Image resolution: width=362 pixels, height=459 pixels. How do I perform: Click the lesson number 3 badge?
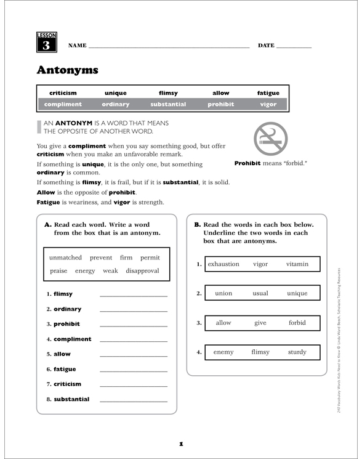pyautogui.click(x=46, y=43)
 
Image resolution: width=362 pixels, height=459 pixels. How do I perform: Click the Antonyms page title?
pyautogui.click(x=67, y=70)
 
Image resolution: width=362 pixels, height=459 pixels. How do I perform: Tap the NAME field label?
pyautogui.click(x=77, y=46)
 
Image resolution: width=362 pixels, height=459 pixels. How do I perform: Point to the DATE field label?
pyautogui.click(x=266, y=46)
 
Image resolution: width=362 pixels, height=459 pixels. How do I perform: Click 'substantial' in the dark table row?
pyautogui.click(x=168, y=104)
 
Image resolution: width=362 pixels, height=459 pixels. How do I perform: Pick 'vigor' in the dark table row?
pyautogui.click(x=268, y=104)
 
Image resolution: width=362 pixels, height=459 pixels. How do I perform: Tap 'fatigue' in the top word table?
pyautogui.click(x=268, y=93)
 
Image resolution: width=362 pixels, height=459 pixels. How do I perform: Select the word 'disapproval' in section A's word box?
pyautogui.click(x=142, y=270)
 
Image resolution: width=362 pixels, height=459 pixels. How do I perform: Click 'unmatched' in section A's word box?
pyautogui.click(x=65, y=258)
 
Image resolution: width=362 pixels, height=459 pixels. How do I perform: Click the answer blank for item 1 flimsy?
pyautogui.click(x=133, y=294)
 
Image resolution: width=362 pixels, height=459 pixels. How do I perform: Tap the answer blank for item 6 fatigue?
pyautogui.click(x=133, y=369)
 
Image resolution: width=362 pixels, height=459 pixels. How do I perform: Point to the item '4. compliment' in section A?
pyautogui.click(x=69, y=339)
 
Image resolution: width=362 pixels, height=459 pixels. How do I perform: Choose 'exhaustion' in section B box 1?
pyautogui.click(x=223, y=264)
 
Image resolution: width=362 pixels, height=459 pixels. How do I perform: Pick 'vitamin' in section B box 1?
pyautogui.click(x=297, y=264)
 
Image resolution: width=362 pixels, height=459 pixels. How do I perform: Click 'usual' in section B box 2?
pyautogui.click(x=260, y=293)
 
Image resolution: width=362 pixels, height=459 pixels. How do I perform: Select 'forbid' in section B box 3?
pyautogui.click(x=297, y=323)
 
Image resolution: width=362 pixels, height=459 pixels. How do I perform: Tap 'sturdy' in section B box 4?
pyautogui.click(x=297, y=352)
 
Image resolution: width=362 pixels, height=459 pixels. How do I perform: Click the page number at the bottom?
pyautogui.click(x=181, y=443)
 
